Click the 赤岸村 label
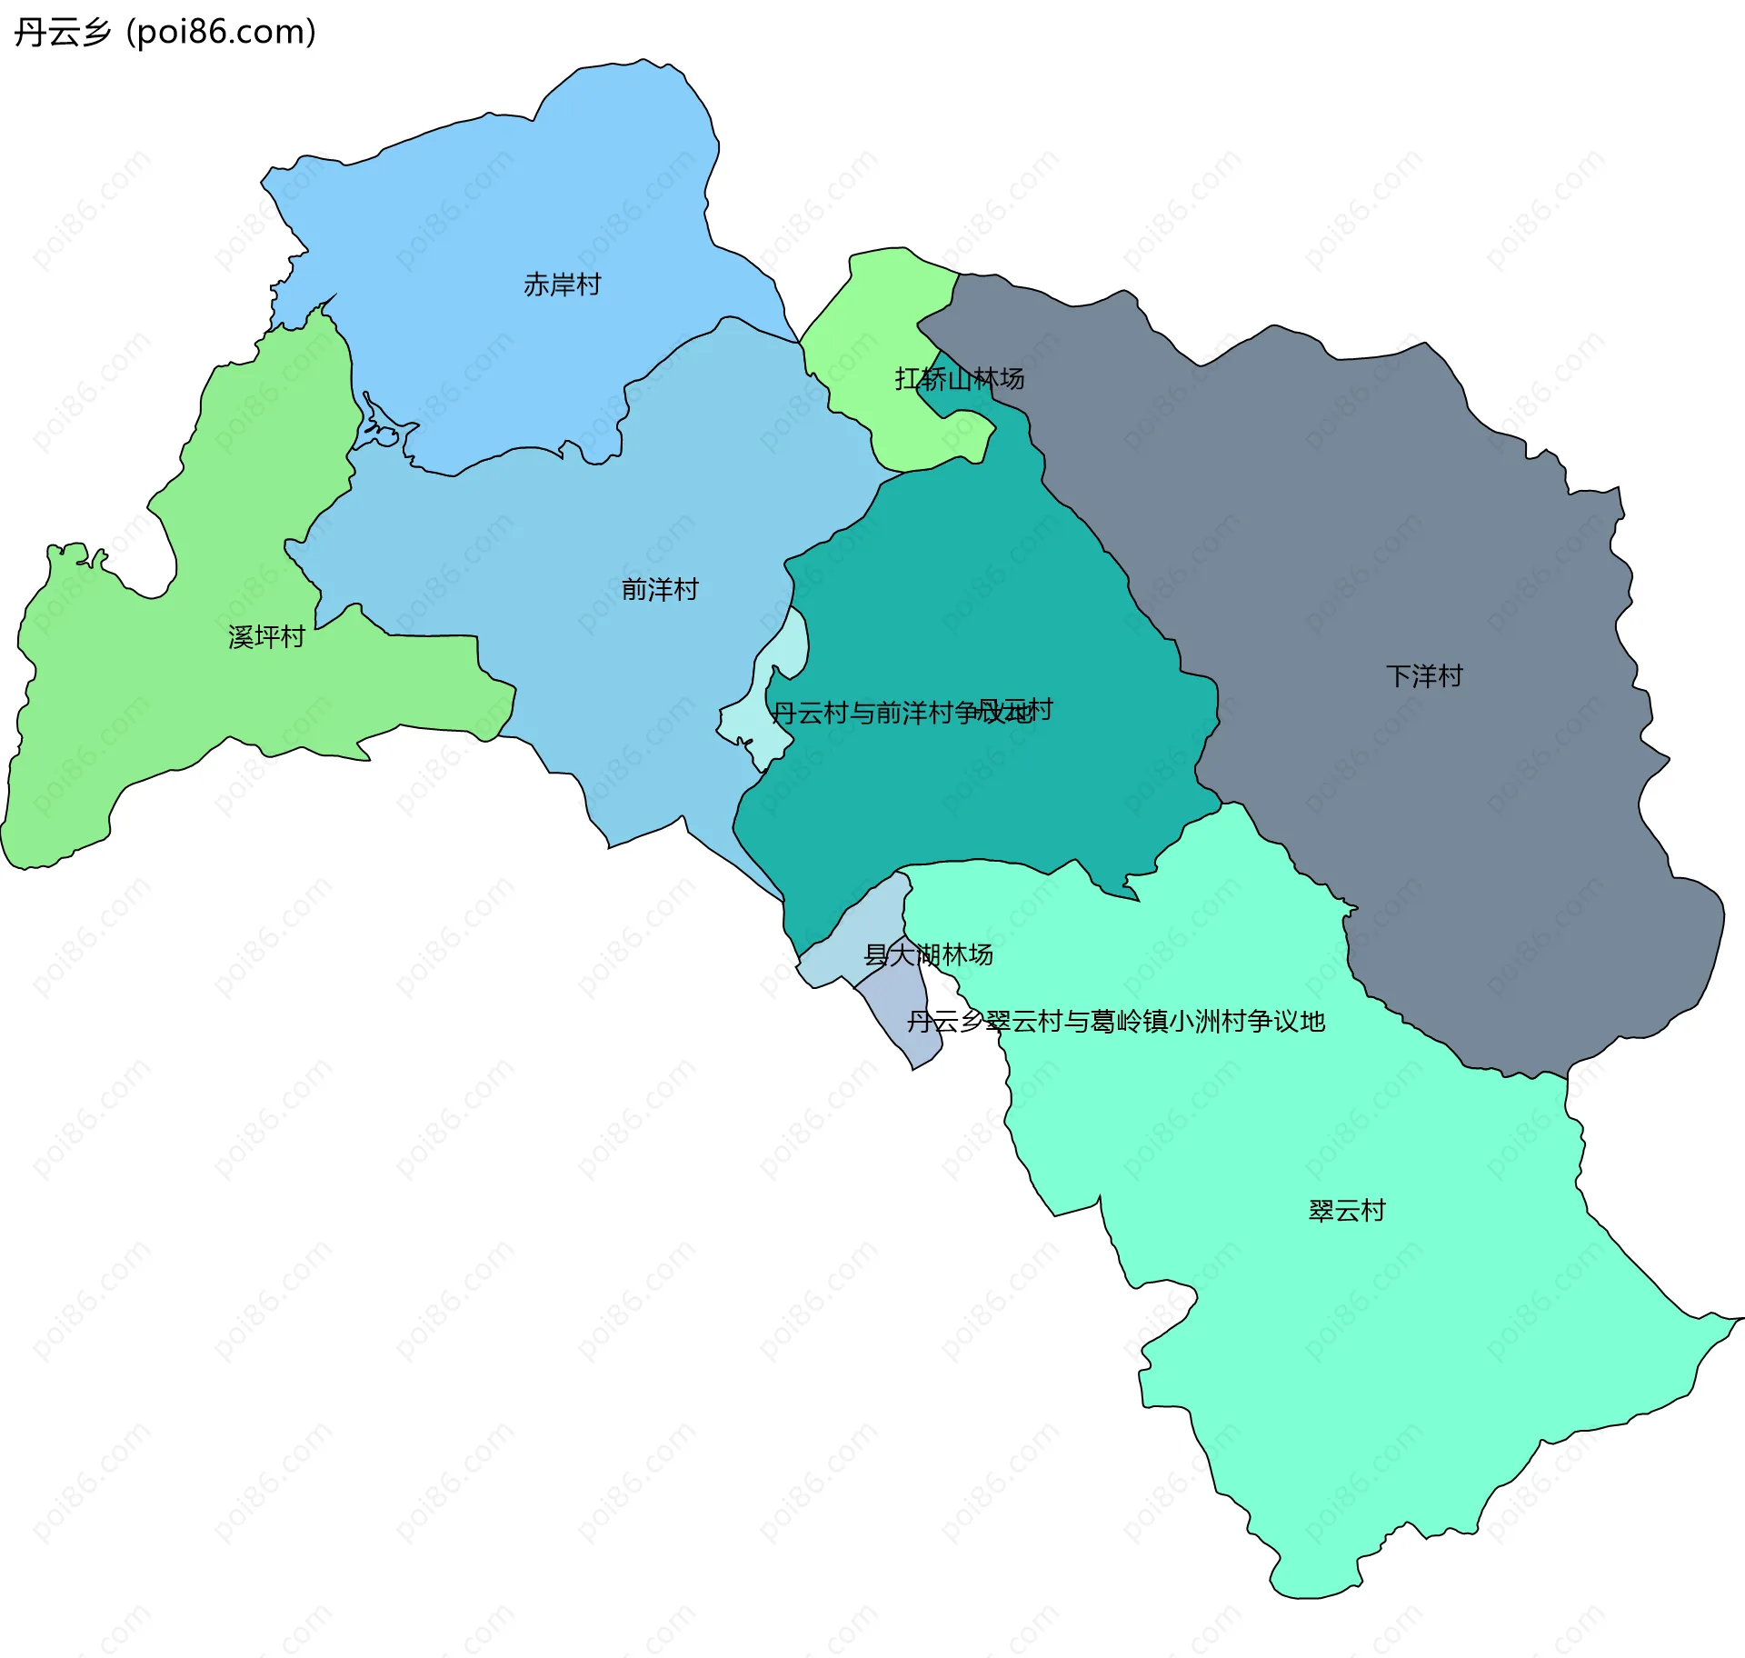[x=562, y=285]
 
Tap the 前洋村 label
[x=660, y=589]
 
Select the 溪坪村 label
[x=265, y=636]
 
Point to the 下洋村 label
[x=1424, y=675]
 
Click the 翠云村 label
[x=1346, y=1210]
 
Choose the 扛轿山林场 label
[x=959, y=378]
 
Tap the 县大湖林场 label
[x=928, y=954]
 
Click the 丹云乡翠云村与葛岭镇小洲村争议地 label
[x=1115, y=1022]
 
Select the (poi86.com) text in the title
[x=221, y=32]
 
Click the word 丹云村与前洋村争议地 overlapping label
[x=872, y=713]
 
